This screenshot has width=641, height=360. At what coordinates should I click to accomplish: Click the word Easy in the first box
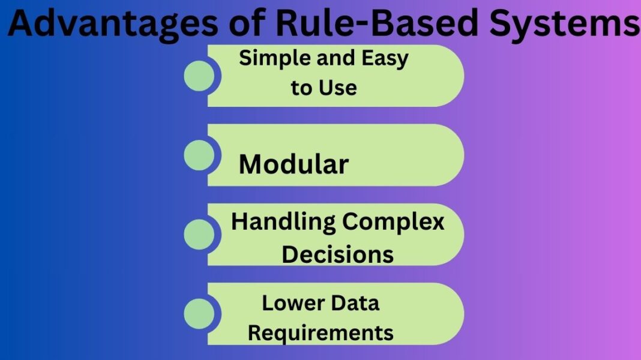pos(385,59)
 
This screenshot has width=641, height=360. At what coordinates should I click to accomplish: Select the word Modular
pos(293,164)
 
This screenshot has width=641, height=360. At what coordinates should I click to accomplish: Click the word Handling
pos(283,222)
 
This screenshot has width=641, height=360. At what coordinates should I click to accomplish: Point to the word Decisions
pos(337,254)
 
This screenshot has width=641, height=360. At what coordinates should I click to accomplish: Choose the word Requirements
pos(320,332)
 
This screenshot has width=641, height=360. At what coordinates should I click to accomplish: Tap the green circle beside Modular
pos(199,155)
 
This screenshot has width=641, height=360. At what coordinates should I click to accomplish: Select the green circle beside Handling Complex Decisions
pos(199,235)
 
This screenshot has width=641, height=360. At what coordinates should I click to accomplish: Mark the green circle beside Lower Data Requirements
pos(199,314)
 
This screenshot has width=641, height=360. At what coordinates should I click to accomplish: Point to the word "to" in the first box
pos(302,88)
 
